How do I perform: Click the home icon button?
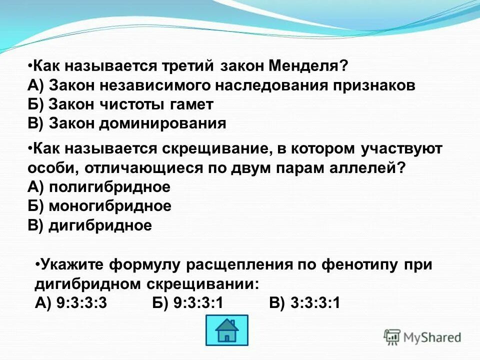(226, 330)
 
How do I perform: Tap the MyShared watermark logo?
(422, 337)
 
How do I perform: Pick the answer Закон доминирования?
(137, 123)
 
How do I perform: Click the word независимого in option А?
(158, 85)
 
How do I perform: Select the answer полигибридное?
(109, 187)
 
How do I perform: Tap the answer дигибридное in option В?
(100, 225)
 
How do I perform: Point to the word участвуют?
(400, 149)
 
